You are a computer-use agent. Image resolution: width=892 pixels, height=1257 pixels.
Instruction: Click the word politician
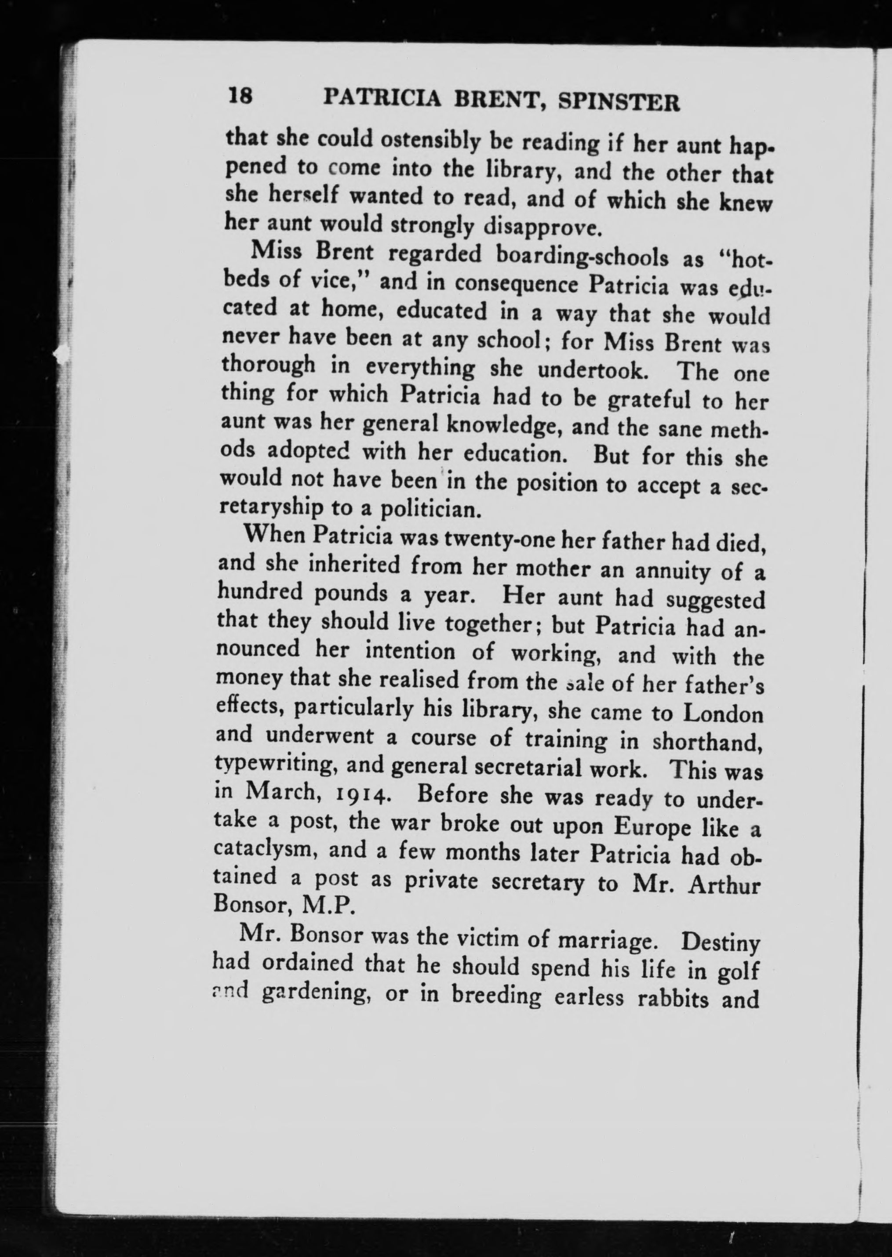click(430, 510)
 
